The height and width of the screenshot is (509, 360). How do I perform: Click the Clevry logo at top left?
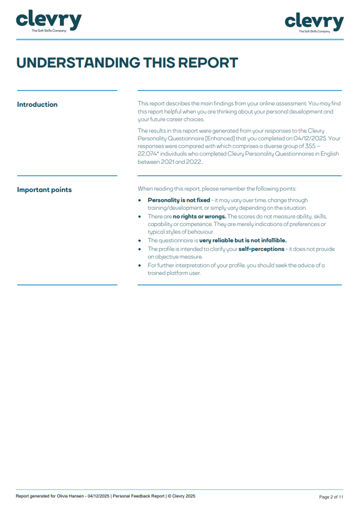coord(49,21)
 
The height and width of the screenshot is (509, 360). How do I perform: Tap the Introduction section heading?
coord(37,105)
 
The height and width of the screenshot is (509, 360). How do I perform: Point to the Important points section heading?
coord(44,190)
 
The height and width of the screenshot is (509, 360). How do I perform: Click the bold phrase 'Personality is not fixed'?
coord(178,200)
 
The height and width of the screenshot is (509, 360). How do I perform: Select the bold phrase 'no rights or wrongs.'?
coord(199,217)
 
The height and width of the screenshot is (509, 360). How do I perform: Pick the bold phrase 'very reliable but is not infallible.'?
coord(243,241)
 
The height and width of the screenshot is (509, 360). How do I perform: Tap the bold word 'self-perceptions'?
coord(261,249)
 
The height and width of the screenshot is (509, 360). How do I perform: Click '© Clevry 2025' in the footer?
coord(181,496)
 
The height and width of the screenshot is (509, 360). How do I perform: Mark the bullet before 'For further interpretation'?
coord(140,266)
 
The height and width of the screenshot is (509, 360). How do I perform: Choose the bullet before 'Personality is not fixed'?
coord(140,200)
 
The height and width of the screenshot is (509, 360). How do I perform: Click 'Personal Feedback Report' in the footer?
coord(139,496)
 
